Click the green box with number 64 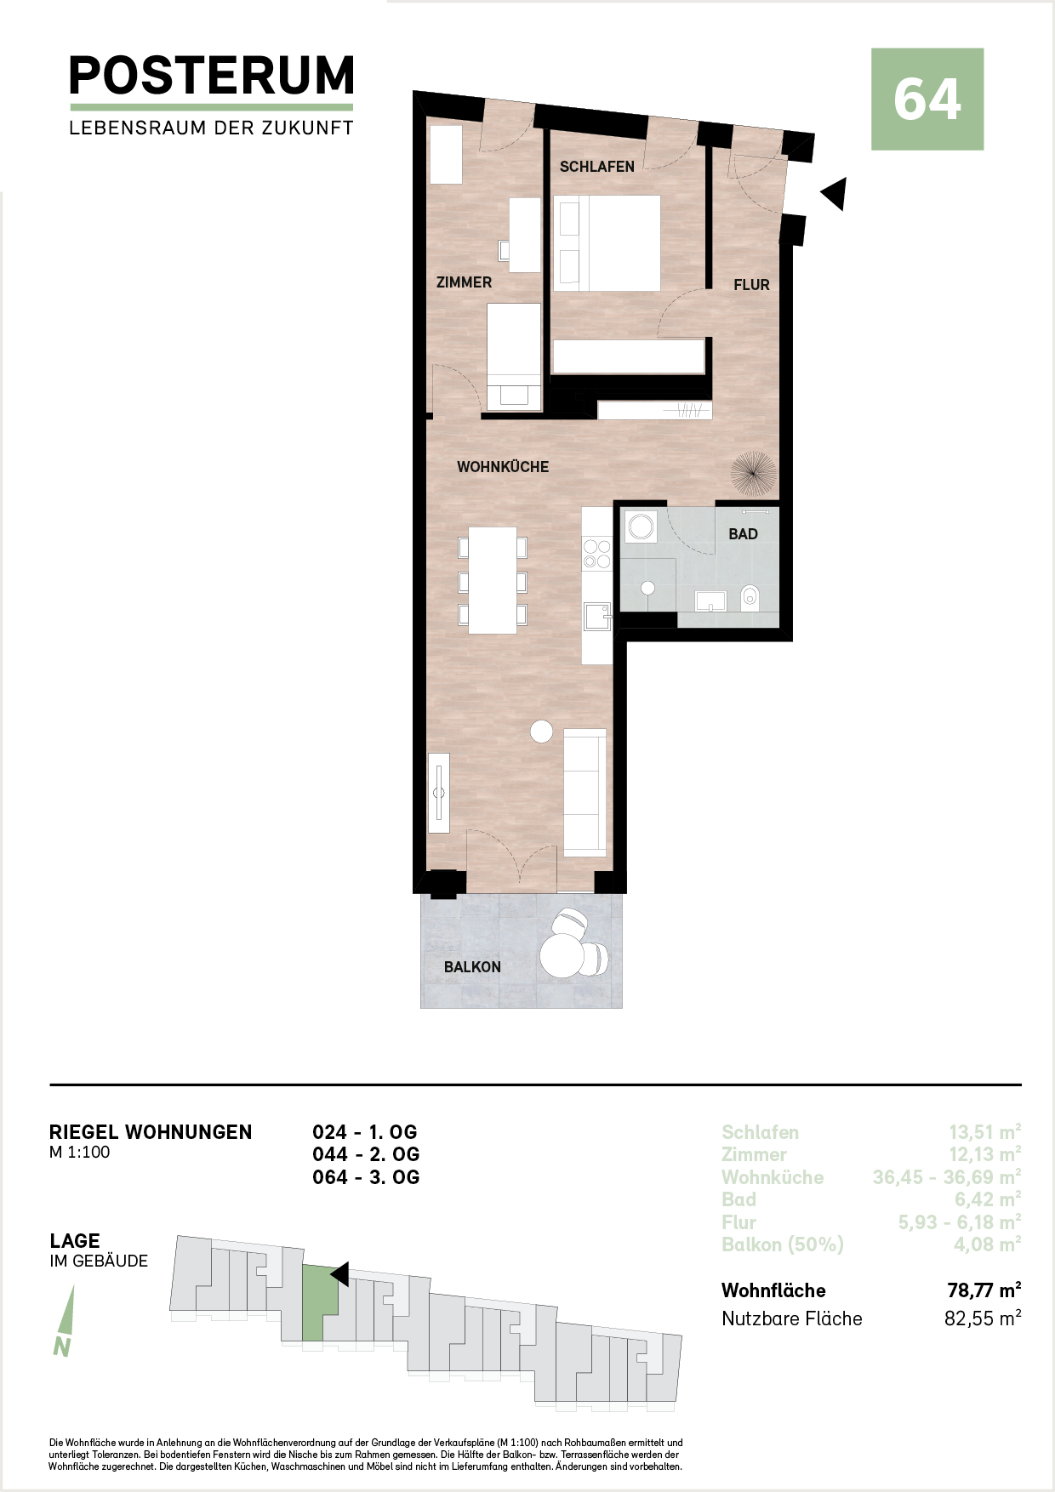tap(927, 100)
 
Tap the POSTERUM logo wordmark tap(212, 76)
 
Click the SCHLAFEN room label tap(596, 167)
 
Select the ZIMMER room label tap(464, 282)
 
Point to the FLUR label tap(751, 285)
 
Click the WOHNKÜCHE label tap(503, 467)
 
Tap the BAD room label tap(743, 534)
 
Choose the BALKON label tap(472, 967)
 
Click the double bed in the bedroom tap(607, 243)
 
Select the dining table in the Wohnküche tap(493, 580)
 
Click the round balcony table tap(562, 956)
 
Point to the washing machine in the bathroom tap(641, 527)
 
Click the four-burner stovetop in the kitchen tap(596, 553)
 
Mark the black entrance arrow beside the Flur tap(833, 194)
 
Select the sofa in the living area tap(585, 793)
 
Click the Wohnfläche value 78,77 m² tap(984, 1290)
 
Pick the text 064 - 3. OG tap(366, 1177)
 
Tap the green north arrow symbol tap(64, 1321)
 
